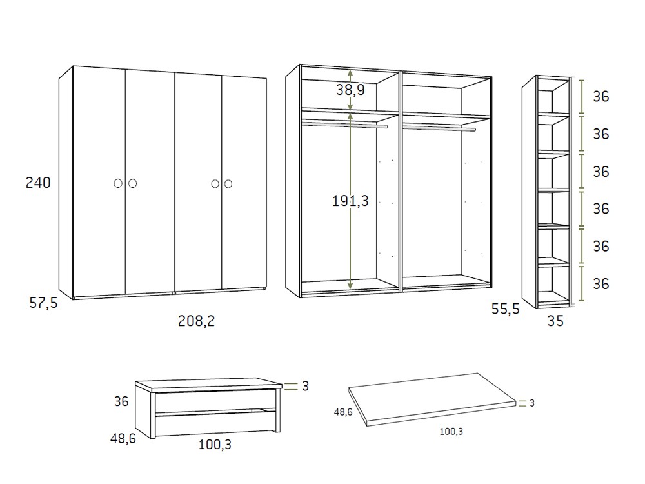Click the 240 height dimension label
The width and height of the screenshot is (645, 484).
(38, 183)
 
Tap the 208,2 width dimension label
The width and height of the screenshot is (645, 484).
(196, 321)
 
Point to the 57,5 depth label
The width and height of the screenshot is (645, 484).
(43, 302)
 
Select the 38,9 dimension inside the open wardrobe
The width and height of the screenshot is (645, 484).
(350, 90)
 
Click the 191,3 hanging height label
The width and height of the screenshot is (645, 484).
(350, 201)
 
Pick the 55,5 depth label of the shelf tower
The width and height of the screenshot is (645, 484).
(505, 310)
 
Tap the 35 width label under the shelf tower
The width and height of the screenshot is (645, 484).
(555, 321)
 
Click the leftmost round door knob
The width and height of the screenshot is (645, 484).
(118, 184)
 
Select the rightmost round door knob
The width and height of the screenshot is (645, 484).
(228, 184)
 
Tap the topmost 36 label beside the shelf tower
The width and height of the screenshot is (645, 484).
(601, 97)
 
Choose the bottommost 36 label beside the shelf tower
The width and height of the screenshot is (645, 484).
(601, 284)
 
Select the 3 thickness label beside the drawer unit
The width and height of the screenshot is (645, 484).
(305, 387)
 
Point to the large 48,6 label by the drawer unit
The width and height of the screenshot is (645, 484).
(123, 439)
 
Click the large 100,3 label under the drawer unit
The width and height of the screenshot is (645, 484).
(214, 445)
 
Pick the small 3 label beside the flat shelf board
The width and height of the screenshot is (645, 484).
(532, 403)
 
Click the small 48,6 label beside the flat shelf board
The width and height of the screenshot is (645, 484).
(342, 411)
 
